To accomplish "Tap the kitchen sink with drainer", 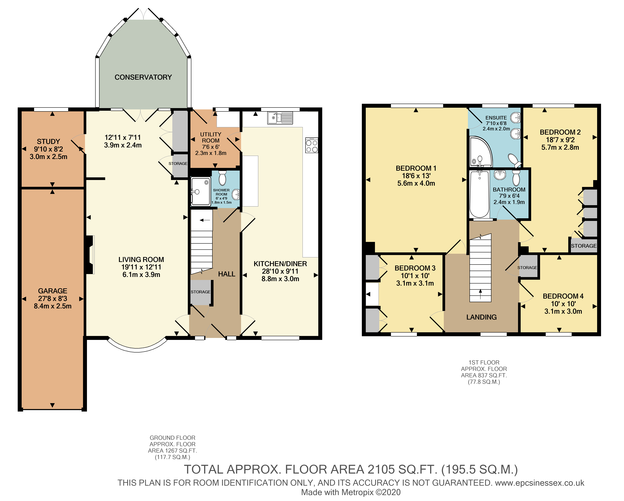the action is (x=280, y=118).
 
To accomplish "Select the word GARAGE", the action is (x=53, y=291).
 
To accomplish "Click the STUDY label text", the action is (x=48, y=142).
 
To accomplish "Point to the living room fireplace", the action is (x=90, y=255).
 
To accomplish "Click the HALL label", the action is (x=227, y=274).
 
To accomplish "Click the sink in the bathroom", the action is (x=500, y=175).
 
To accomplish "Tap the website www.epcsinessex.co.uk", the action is (x=540, y=483).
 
